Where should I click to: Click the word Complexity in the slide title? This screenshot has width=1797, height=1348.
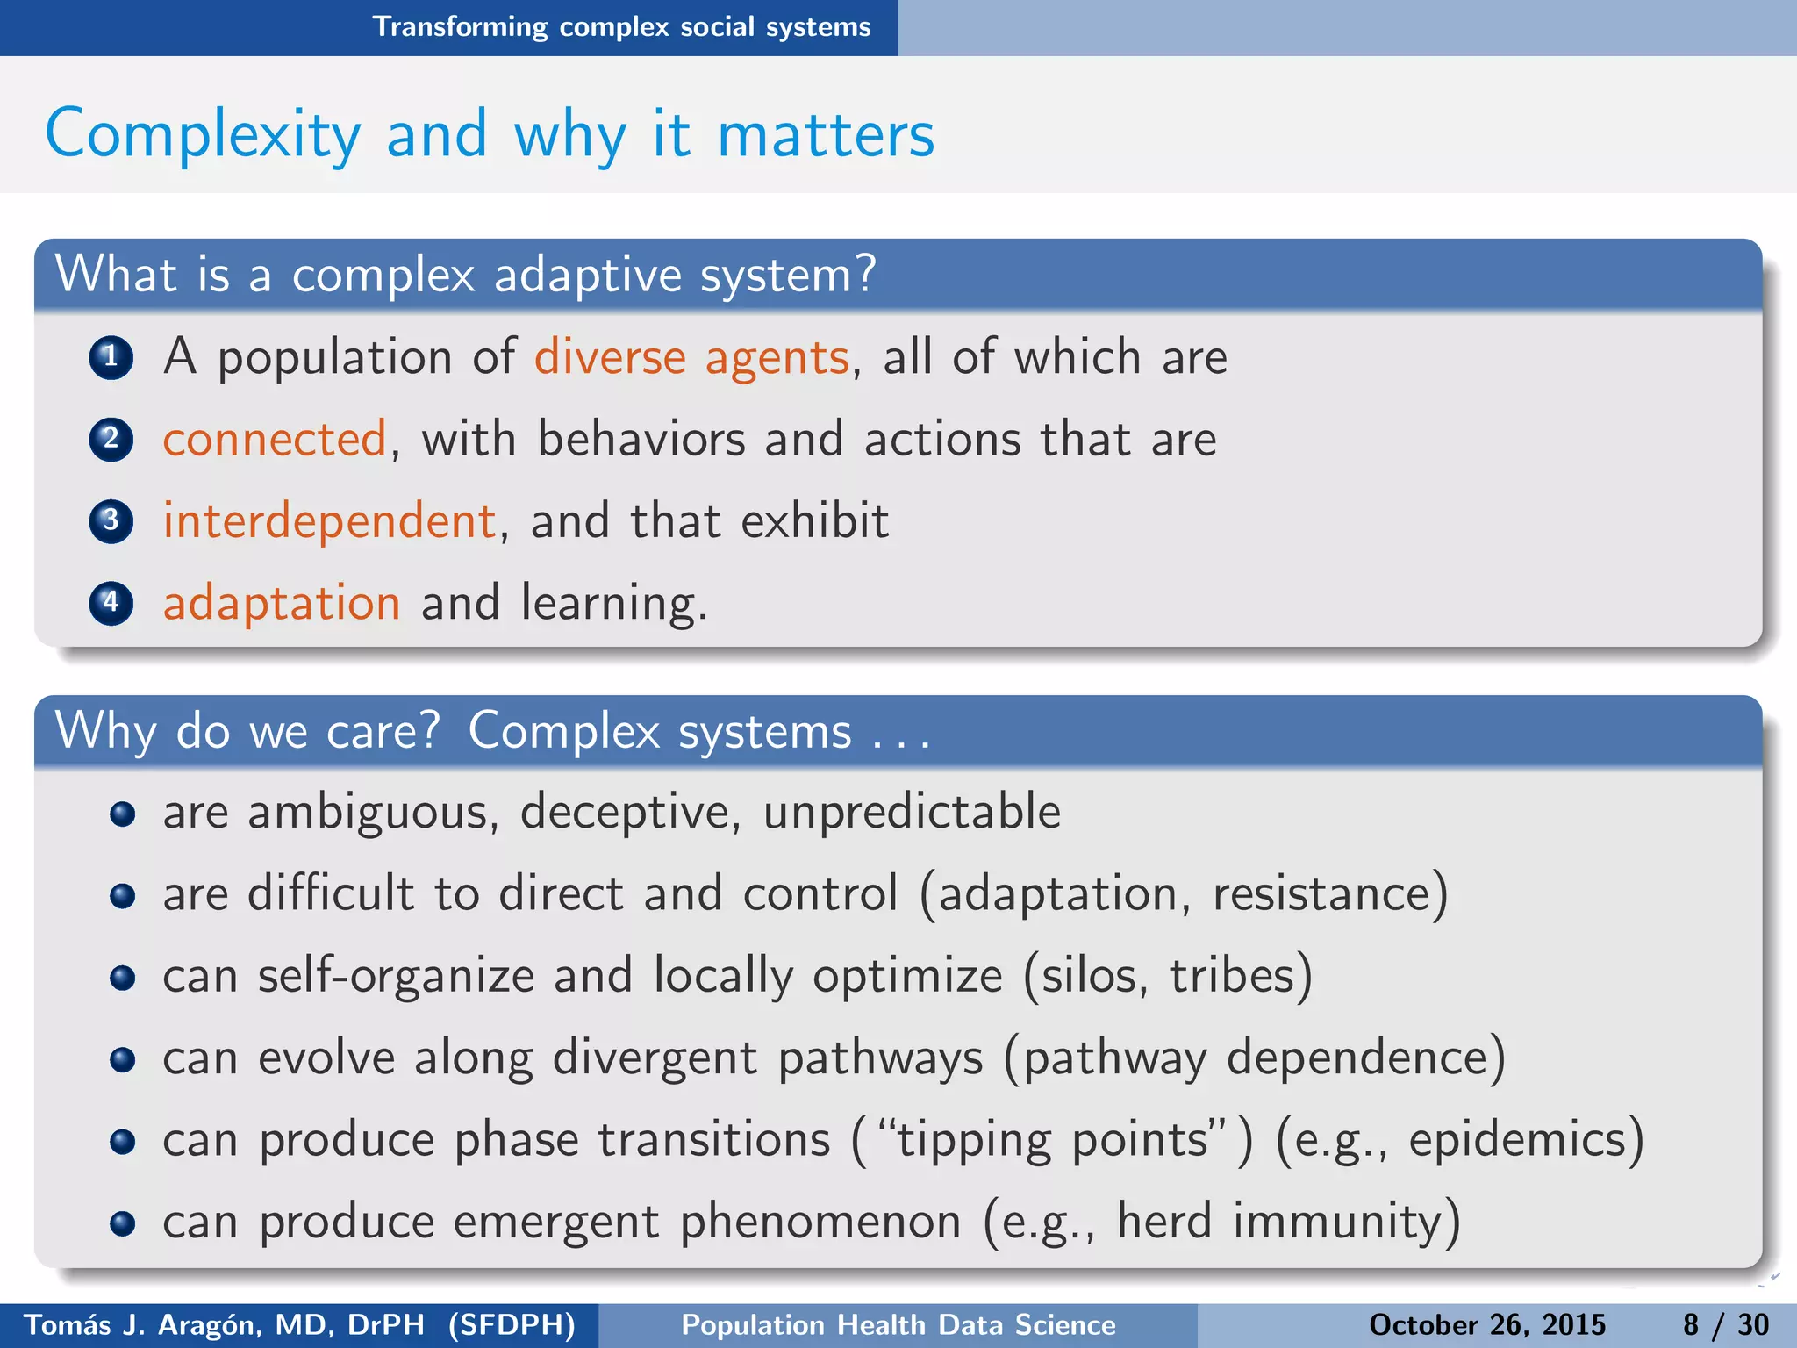pyautogui.click(x=203, y=134)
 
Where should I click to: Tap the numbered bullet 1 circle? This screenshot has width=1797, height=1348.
pyautogui.click(x=111, y=357)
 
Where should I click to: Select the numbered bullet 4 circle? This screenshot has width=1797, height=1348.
pyautogui.click(x=111, y=603)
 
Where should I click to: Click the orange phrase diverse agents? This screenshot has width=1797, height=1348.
pyautogui.click(x=691, y=358)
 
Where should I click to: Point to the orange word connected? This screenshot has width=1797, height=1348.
pyautogui.click(x=274, y=439)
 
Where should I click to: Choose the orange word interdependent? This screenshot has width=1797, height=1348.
pyautogui.click(x=330, y=520)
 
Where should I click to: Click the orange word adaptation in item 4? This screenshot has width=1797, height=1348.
pyautogui.click(x=282, y=603)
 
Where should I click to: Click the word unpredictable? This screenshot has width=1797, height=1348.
pyautogui.click(x=912, y=812)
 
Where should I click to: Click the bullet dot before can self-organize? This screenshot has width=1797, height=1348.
pyautogui.click(x=123, y=977)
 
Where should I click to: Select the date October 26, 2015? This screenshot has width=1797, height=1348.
pyautogui.click(x=1486, y=1324)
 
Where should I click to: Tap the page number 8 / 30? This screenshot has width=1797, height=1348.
pyautogui.click(x=1725, y=1324)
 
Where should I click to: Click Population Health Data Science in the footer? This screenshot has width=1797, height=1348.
pyautogui.click(x=898, y=1324)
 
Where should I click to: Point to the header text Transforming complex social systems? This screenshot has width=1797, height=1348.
pyautogui.click(x=621, y=27)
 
